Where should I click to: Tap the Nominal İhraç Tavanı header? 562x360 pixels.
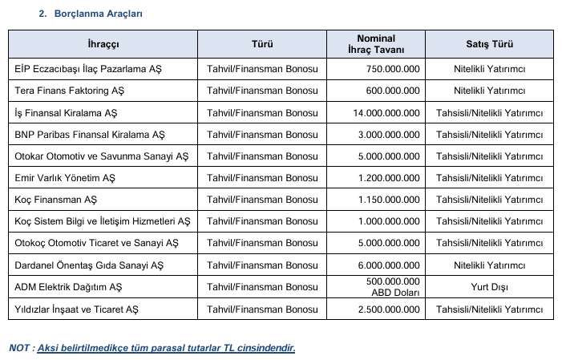click(388, 44)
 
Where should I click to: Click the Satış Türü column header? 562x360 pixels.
click(489, 44)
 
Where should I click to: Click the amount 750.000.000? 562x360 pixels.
click(393, 70)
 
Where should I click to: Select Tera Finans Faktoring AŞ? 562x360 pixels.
click(69, 91)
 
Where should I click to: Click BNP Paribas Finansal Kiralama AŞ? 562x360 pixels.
click(90, 135)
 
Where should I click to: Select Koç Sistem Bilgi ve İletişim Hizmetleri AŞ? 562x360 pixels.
click(103, 221)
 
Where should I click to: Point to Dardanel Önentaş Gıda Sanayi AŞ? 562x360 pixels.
click(89, 265)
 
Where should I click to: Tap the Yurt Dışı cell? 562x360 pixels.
click(489, 286)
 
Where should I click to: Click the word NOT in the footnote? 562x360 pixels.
click(20, 348)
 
